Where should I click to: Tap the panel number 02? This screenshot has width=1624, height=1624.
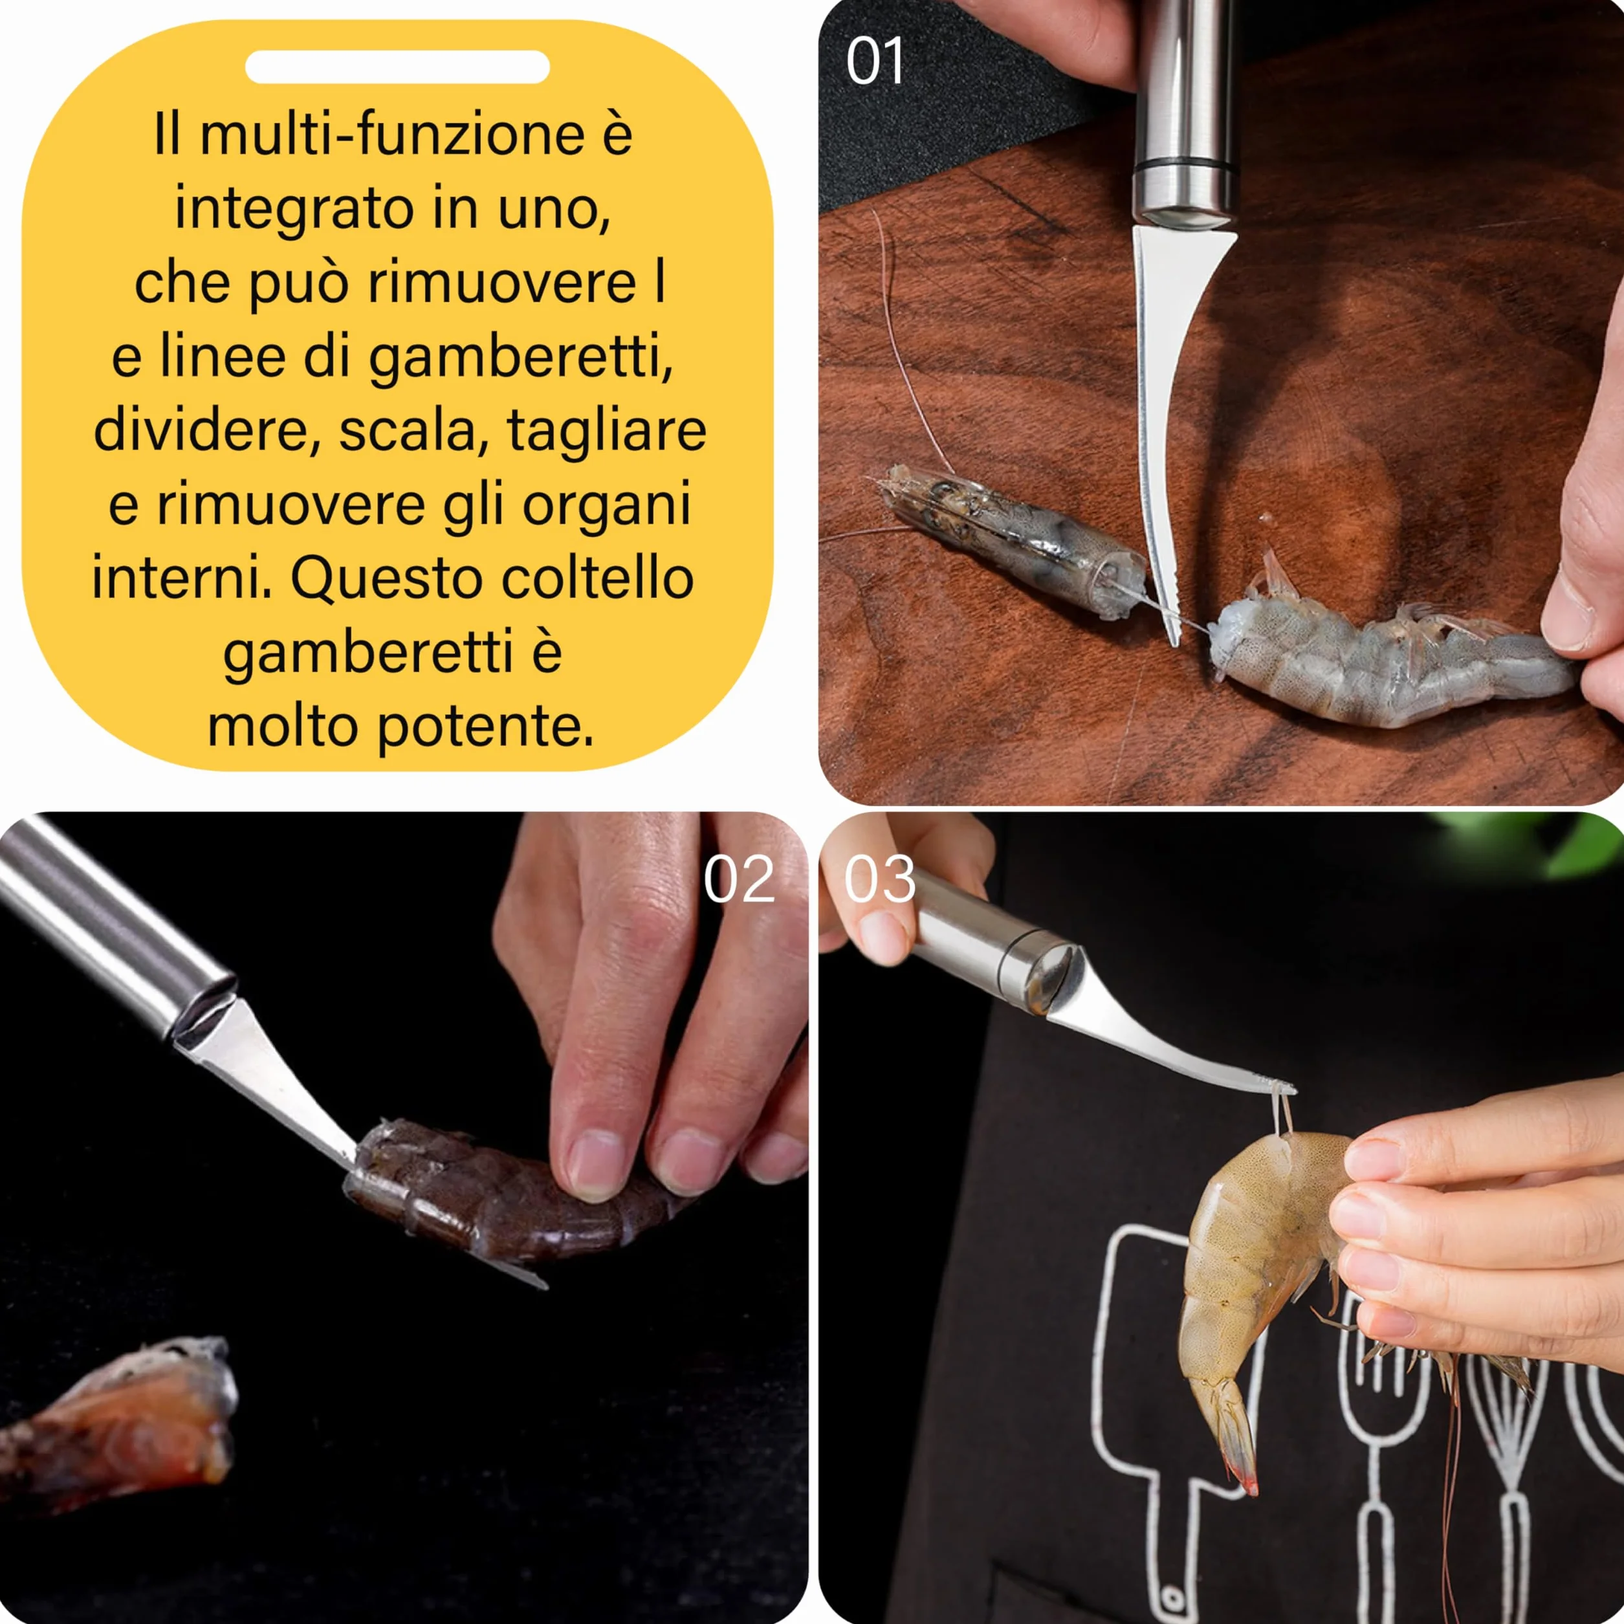[739, 879]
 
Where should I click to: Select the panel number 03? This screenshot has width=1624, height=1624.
[879, 879]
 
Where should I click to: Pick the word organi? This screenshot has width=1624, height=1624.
[607, 506]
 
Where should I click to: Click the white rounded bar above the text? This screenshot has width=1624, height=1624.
[397, 67]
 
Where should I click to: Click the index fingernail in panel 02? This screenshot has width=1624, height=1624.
[596, 1163]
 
